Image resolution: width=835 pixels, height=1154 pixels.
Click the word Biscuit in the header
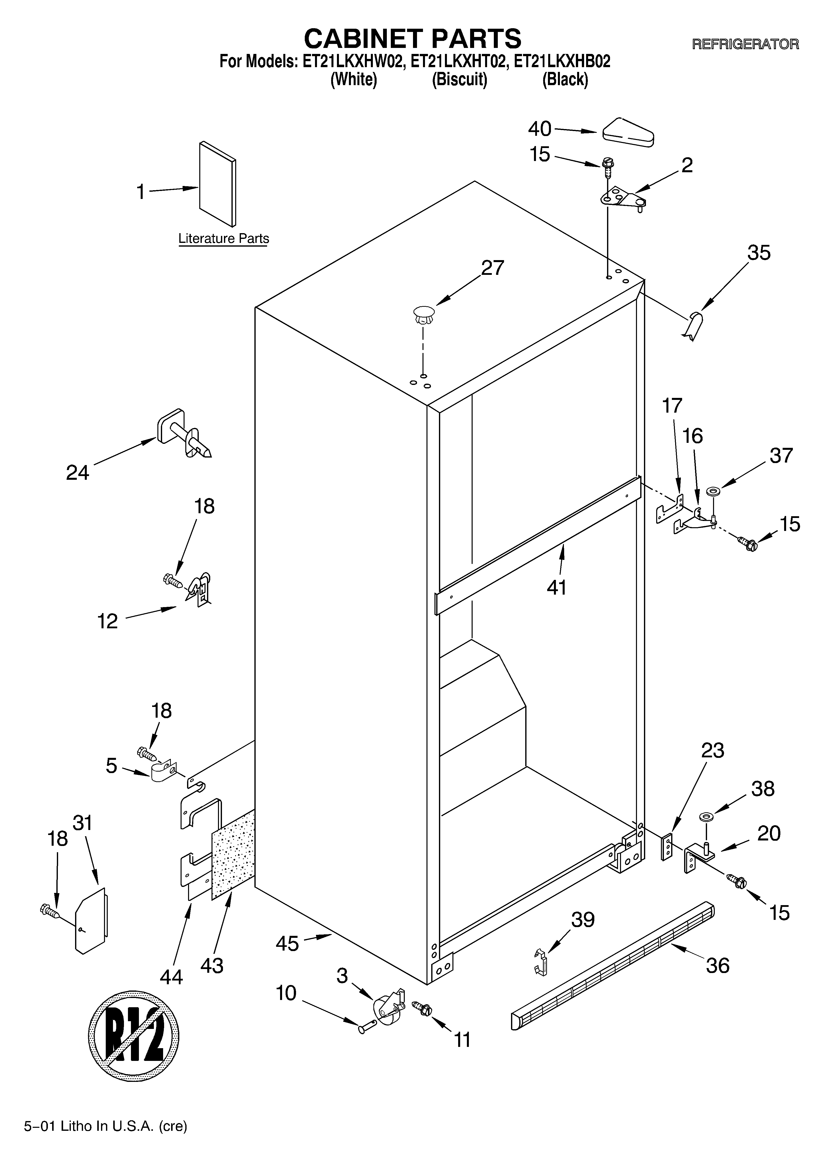[x=459, y=80]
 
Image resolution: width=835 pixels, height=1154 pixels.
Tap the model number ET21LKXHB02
[x=562, y=62]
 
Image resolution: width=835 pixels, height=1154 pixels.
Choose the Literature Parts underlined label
[x=224, y=239]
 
